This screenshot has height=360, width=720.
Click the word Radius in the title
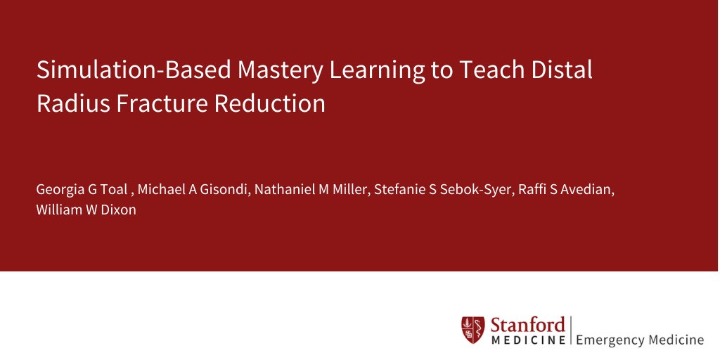pyautogui.click(x=70, y=104)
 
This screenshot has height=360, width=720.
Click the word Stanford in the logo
pyautogui.click(x=527, y=324)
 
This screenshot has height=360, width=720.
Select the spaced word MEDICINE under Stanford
pyautogui.click(x=527, y=340)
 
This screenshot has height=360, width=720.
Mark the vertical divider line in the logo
pyautogui.click(x=571, y=331)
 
